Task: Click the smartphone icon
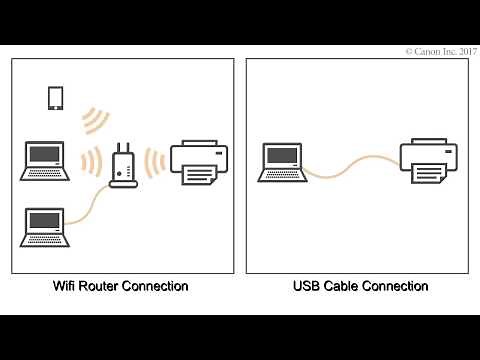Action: click(x=56, y=98)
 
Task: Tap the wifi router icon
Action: click(x=124, y=166)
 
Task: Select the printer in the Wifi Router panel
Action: click(x=200, y=161)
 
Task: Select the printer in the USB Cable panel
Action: click(x=429, y=160)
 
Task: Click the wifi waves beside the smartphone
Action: click(x=95, y=119)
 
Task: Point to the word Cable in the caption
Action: click(x=342, y=287)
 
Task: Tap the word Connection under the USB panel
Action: click(x=395, y=287)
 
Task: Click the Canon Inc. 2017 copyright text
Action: click(x=439, y=50)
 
